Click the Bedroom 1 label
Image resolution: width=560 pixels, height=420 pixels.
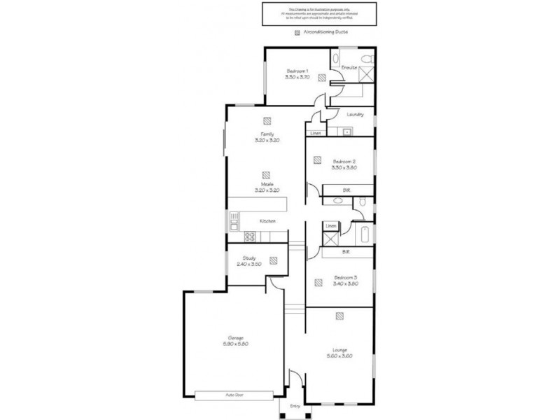pos(297,71)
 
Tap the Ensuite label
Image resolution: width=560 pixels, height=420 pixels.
pos(349,67)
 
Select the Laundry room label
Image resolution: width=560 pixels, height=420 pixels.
pos(355,114)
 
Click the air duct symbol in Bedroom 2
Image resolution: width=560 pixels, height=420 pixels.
pos(316,159)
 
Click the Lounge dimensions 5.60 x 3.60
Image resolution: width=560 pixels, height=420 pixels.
pos(339,356)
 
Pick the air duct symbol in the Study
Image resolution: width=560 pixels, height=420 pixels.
pos(273,260)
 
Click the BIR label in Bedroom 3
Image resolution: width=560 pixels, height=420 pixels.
pos(345,251)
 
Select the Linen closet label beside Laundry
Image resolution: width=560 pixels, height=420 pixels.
pos(316,132)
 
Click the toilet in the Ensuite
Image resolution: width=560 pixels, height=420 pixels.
pos(335,59)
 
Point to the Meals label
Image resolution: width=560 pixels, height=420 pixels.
pos(266,184)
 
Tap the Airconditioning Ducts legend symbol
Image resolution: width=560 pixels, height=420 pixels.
pos(297,32)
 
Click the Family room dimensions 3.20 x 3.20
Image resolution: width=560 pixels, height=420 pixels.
pos(267,140)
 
